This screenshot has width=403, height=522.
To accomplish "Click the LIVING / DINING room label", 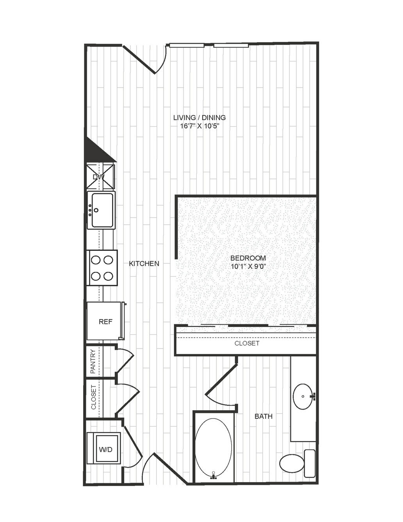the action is (x=200, y=118).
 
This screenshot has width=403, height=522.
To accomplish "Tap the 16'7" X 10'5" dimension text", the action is (x=200, y=126).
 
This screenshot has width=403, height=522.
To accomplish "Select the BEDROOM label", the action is (x=248, y=258).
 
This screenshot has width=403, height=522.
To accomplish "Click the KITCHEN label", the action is (x=144, y=263).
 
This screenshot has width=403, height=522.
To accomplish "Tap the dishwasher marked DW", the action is (x=101, y=177).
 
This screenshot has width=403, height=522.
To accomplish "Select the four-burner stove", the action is (x=102, y=268).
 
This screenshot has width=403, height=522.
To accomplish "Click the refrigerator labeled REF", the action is (x=106, y=321).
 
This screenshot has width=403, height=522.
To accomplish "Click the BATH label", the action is (x=264, y=416).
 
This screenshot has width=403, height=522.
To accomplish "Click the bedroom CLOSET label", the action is (x=247, y=343).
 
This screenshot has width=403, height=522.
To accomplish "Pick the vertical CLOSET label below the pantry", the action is (x=93, y=397).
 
